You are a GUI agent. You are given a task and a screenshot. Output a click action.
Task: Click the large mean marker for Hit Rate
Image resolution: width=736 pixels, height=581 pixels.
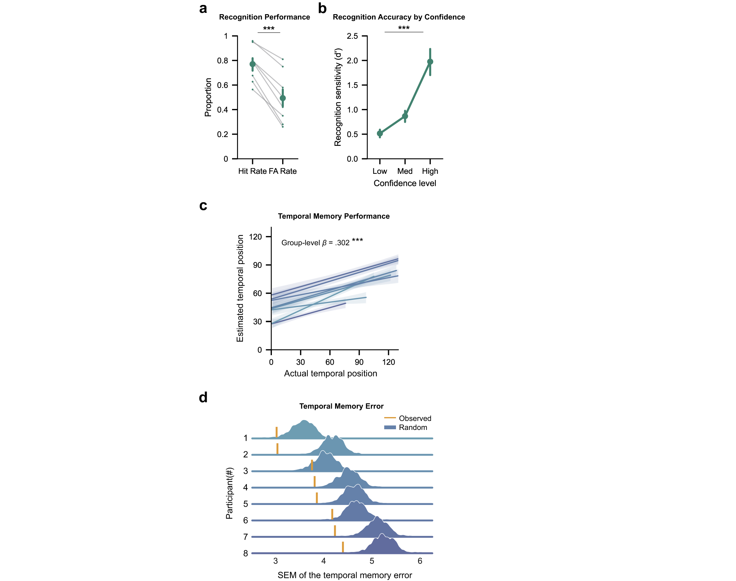click(x=252, y=64)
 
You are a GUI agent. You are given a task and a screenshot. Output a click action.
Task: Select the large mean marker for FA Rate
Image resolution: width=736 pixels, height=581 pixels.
click(x=283, y=98)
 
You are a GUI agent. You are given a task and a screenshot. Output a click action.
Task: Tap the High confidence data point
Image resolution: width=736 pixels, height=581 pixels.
click(x=430, y=62)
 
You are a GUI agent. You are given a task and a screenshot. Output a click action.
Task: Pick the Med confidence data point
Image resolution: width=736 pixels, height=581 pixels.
click(x=405, y=116)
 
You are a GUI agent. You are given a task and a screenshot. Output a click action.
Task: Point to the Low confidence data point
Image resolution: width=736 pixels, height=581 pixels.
click(x=380, y=133)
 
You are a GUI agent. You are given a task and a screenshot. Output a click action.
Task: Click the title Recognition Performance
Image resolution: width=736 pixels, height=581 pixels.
click(x=264, y=17)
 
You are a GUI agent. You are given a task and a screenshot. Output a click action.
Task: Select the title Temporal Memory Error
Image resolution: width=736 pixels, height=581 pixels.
click(x=341, y=406)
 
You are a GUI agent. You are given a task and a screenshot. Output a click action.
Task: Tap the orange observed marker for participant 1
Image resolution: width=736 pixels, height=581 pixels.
click(x=276, y=432)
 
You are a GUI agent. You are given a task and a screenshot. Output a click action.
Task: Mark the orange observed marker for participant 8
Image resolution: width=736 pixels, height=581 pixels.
click(x=343, y=547)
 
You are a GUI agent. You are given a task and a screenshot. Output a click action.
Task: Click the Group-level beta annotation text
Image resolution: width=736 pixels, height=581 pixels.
click(x=315, y=243)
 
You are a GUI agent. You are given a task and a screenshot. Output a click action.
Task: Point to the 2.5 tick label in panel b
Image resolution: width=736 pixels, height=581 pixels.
click(x=352, y=36)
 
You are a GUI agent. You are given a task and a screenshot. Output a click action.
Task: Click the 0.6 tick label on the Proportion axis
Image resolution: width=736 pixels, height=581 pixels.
click(x=223, y=85)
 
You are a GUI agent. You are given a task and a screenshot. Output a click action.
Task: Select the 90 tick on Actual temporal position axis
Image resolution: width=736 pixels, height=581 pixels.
click(x=359, y=362)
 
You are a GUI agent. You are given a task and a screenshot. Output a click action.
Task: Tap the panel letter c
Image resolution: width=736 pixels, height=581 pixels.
click(x=203, y=205)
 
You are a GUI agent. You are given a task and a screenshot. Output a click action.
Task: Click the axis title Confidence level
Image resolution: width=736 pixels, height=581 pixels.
click(x=405, y=183)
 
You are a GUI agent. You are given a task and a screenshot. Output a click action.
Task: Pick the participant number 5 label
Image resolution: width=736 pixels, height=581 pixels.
click(x=246, y=504)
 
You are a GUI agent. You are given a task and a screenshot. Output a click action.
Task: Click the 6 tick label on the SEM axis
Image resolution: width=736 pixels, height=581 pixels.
click(x=420, y=561)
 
